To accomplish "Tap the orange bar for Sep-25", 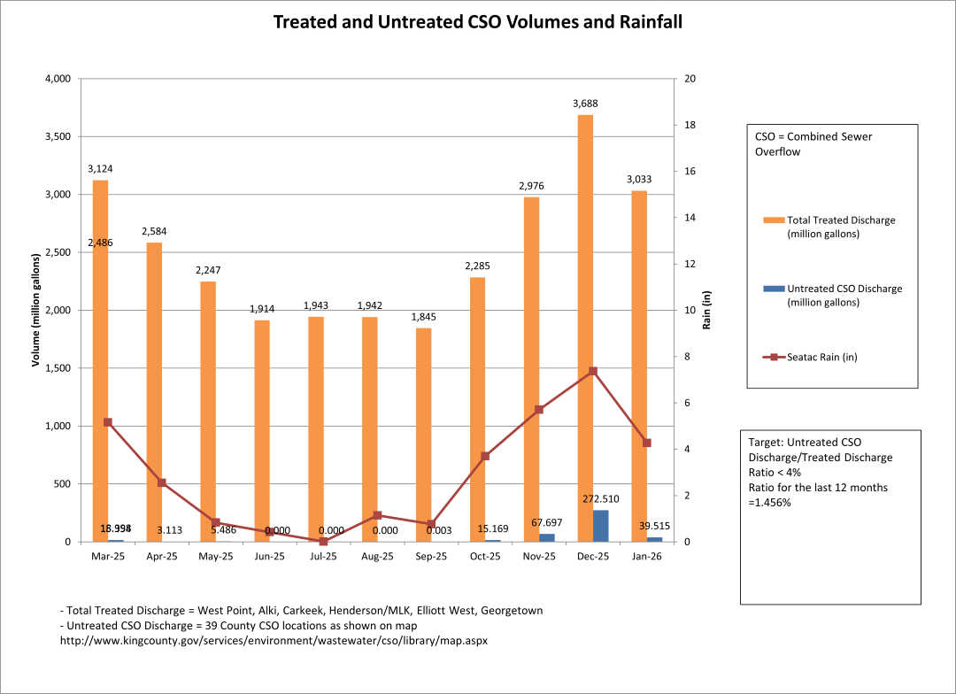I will (x=424, y=434).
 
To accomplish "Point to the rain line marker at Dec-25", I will (x=593, y=371).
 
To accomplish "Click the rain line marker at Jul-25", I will (x=324, y=541).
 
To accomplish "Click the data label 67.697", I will (x=547, y=522).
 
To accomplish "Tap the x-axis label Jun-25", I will (x=270, y=557).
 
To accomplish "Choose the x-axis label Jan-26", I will (x=647, y=557).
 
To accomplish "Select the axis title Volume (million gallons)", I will (x=36, y=310).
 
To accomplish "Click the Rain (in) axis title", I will (x=707, y=310).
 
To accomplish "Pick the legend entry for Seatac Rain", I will (x=818, y=357).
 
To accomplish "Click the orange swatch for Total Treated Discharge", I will (x=774, y=220).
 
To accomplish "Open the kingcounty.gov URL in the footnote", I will (x=274, y=638).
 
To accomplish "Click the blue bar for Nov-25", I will (x=547, y=537).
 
